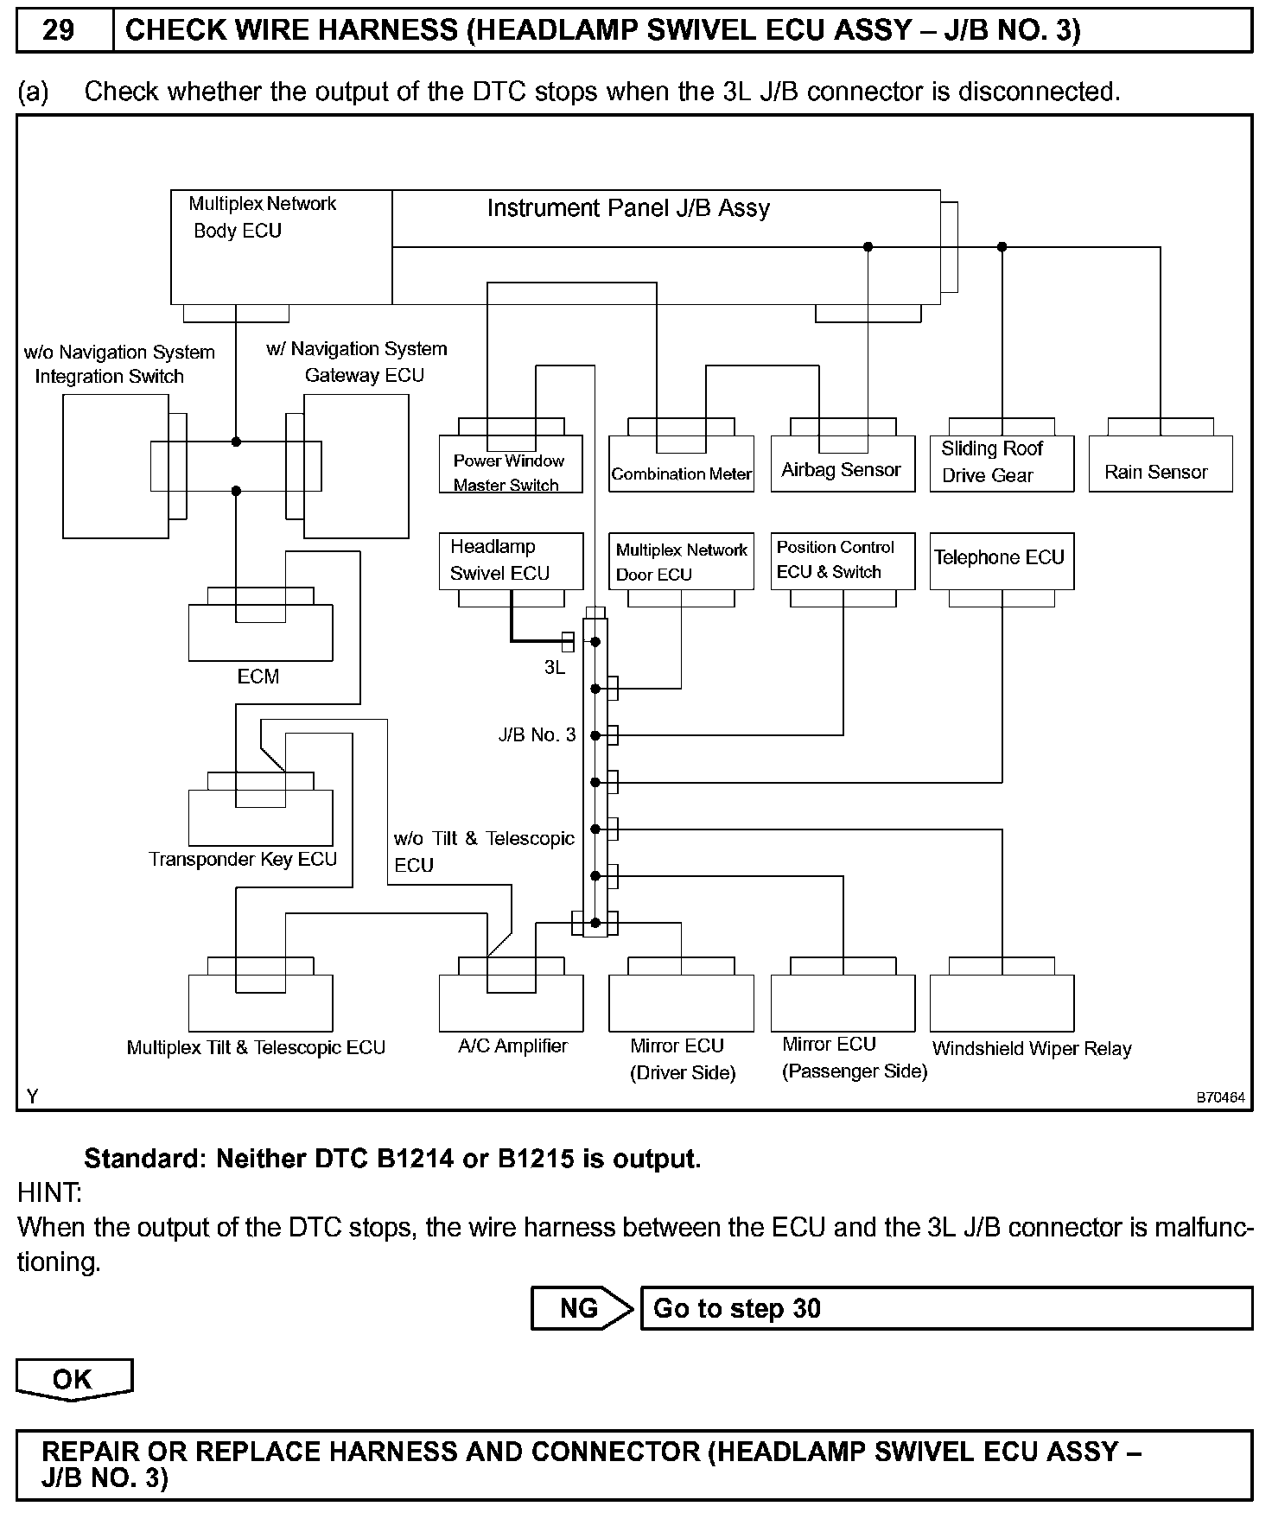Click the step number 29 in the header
(59, 31)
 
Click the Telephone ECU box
(1001, 561)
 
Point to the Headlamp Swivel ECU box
(510, 561)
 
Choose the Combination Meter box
(681, 466)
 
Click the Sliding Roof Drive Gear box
(1001, 463)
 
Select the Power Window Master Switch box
(510, 466)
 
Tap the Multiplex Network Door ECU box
(681, 562)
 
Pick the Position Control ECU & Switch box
(842, 561)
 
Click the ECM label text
(258, 677)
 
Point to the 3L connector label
(554, 668)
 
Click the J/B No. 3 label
(537, 735)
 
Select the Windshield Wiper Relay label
(1031, 1049)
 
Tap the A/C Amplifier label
(512, 1046)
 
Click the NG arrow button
(581, 1308)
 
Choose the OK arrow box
(73, 1379)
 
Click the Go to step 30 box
(945, 1308)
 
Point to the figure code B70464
(1220, 1098)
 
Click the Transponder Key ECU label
(242, 860)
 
